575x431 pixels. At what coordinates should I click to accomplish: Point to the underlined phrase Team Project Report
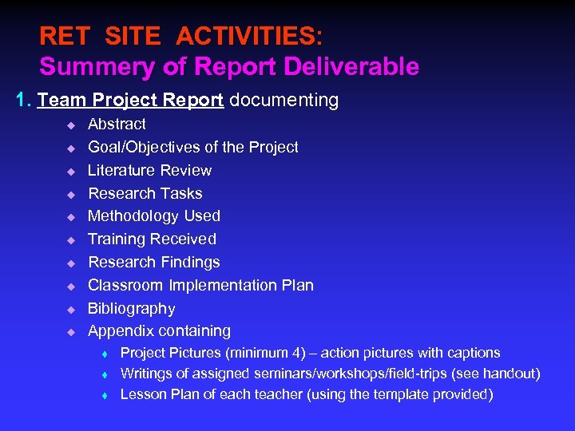click(130, 101)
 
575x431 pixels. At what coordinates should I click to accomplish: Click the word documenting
click(284, 101)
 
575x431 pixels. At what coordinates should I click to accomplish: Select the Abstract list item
click(117, 125)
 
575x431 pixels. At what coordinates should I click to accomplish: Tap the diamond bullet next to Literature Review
click(70, 172)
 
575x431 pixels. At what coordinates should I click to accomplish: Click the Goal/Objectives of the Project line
click(192, 147)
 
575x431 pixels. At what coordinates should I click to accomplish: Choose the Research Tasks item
click(145, 193)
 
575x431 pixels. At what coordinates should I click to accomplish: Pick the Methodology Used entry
click(153, 216)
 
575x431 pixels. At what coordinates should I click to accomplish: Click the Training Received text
click(152, 239)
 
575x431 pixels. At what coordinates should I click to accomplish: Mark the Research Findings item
click(153, 263)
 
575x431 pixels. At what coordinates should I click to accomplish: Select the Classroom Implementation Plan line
click(200, 286)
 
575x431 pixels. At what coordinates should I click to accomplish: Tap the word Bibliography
click(131, 309)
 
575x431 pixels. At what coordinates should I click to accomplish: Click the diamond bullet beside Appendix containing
click(70, 332)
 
